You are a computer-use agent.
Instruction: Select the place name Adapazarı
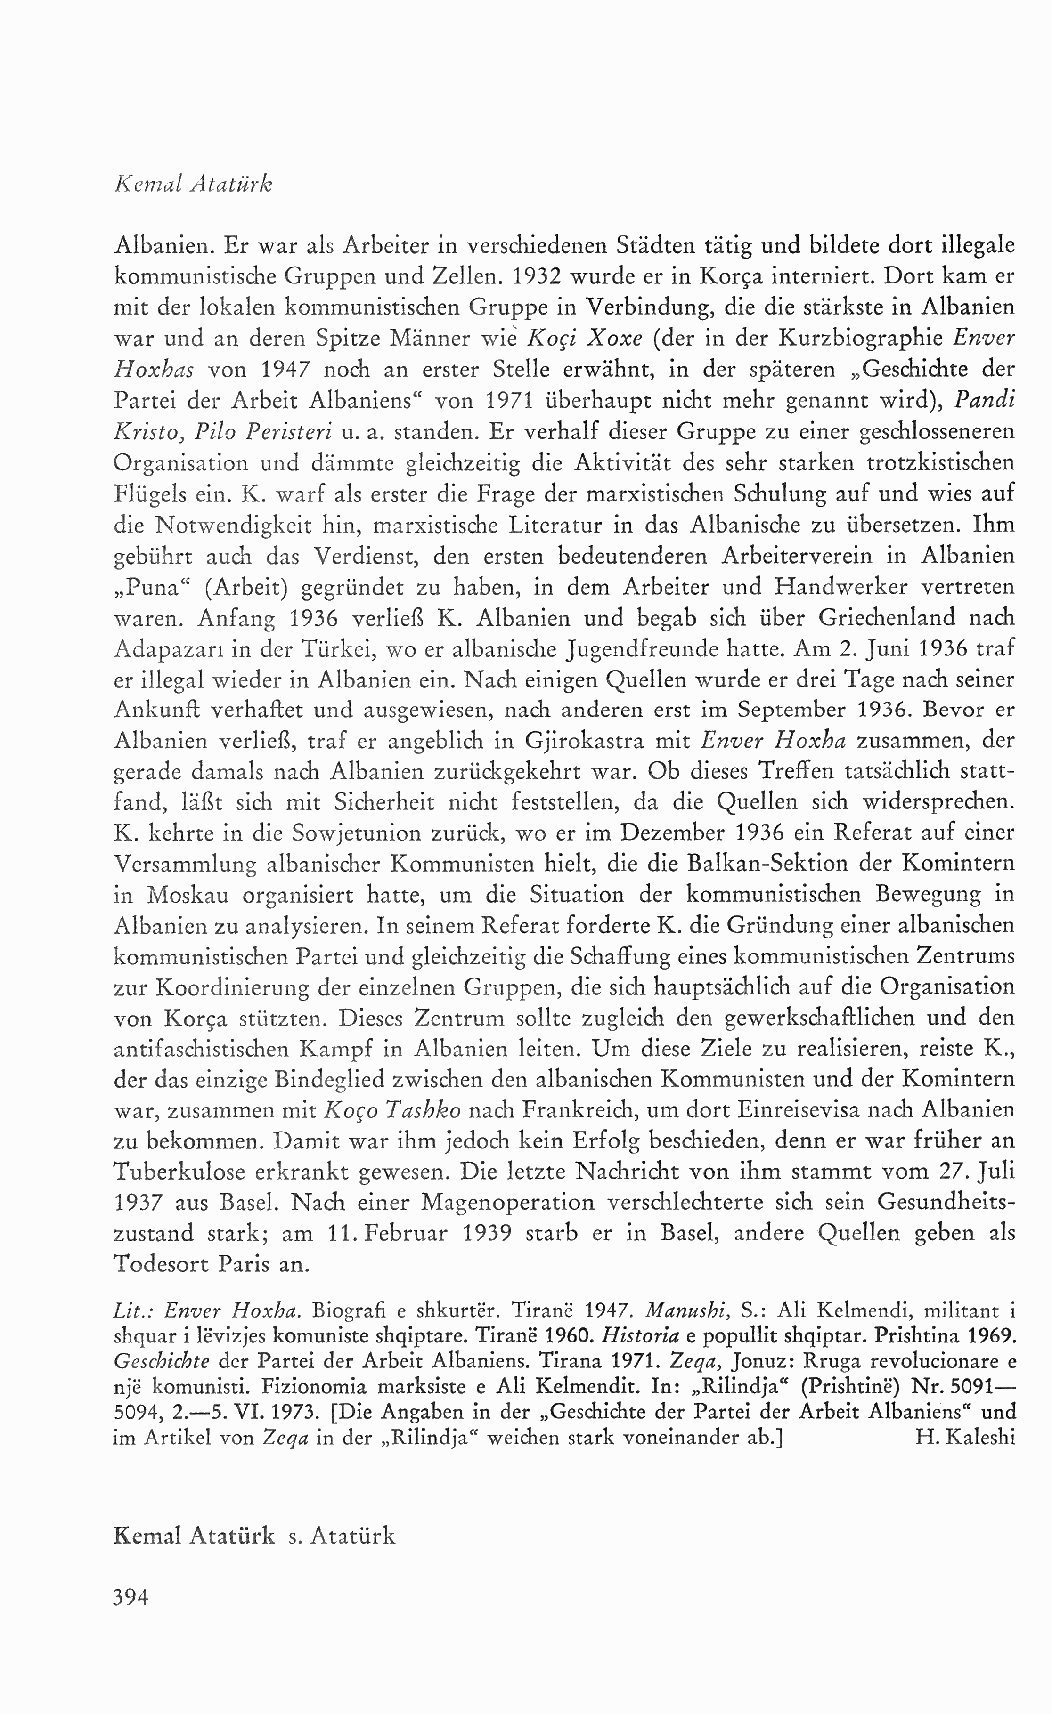(x=169, y=649)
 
